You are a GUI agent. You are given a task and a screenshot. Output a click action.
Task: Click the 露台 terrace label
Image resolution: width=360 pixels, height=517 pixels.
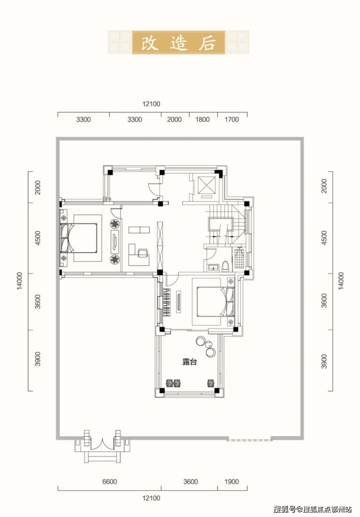point(189,362)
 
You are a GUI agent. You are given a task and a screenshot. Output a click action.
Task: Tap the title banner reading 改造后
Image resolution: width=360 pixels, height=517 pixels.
point(179,42)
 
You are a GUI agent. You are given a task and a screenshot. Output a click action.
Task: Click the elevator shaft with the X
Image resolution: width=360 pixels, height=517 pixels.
point(207,185)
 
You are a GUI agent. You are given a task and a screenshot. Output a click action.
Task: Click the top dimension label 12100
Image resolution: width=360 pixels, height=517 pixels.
point(151,104)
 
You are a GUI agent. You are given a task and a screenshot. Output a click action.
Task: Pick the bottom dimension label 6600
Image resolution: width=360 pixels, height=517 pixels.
point(109,482)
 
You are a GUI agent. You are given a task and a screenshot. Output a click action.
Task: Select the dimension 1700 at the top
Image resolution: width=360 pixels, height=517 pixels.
point(232,119)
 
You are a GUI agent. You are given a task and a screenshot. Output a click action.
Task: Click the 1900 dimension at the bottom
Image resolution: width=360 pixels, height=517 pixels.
point(232,482)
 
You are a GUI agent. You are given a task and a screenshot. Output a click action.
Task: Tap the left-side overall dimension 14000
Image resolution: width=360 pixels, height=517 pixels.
point(20,281)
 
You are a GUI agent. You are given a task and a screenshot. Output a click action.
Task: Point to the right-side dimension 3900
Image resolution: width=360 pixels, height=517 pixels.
point(324,361)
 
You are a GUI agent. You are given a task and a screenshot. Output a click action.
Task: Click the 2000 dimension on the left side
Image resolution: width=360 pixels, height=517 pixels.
point(37,187)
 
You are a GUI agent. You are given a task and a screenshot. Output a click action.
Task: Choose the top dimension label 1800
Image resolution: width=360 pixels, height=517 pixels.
point(202,119)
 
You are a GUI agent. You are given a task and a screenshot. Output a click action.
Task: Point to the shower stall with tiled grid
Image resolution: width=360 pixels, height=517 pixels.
point(240,259)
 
